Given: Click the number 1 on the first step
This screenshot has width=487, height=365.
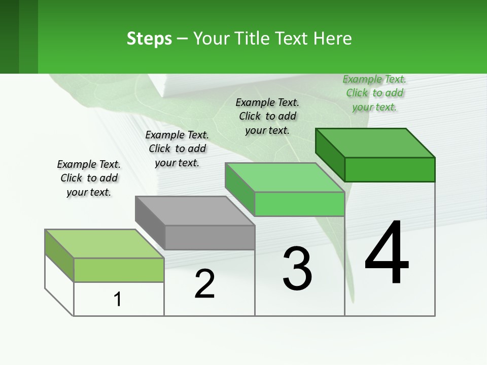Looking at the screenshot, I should [x=118, y=299].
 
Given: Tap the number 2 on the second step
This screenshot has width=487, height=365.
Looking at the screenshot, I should [x=204, y=283].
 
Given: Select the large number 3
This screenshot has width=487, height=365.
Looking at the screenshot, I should [x=297, y=269].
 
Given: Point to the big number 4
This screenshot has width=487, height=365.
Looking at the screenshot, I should [x=387, y=253].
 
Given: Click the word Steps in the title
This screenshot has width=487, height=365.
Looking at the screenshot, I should [x=149, y=39].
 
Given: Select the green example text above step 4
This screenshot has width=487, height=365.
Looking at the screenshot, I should [x=374, y=93].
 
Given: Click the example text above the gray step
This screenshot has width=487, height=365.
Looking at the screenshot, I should [x=177, y=149].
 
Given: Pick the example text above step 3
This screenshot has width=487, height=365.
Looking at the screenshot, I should [x=267, y=116].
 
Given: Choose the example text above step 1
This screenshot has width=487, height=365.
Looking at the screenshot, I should [x=89, y=178].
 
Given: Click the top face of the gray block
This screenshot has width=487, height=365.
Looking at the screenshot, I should [x=195, y=210].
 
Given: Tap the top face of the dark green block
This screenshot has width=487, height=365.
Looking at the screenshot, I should [x=375, y=142].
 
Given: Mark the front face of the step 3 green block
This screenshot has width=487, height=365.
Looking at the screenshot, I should [x=299, y=204].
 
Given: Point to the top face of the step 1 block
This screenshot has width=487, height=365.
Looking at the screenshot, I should [x=105, y=244].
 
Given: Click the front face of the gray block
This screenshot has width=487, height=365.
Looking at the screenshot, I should [x=210, y=237].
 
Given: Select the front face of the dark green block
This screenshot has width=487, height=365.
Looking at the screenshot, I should [x=390, y=169].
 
